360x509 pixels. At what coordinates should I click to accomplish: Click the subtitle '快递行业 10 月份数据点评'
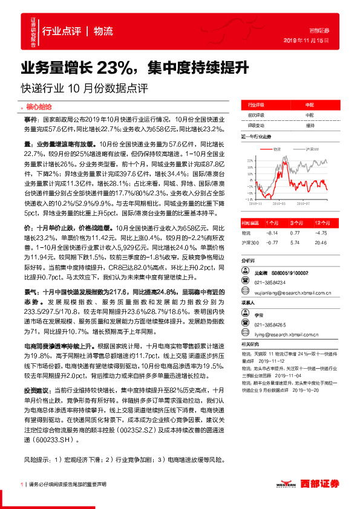(x=84, y=86)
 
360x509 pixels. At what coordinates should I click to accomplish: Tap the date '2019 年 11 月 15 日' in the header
(x=306, y=39)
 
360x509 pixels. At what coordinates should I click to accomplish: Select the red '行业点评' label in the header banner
(x=61, y=31)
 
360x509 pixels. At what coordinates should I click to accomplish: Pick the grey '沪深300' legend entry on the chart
(x=309, y=148)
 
